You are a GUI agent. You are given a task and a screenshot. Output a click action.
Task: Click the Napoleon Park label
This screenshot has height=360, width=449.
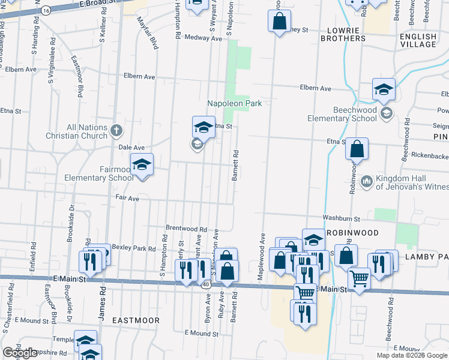[235, 103]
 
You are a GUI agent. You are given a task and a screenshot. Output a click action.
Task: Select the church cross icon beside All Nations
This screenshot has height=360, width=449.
[117, 129]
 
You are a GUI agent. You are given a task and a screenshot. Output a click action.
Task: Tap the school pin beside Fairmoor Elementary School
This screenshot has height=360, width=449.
[142, 165]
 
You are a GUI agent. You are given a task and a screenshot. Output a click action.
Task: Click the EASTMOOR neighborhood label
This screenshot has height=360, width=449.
[136, 320]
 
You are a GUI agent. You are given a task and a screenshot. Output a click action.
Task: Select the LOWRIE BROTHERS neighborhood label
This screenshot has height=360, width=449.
[346, 34]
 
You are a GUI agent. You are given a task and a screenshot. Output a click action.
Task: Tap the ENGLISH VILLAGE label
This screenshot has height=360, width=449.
[418, 40]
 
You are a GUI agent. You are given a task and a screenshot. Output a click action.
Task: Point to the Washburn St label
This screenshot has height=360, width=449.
[340, 219]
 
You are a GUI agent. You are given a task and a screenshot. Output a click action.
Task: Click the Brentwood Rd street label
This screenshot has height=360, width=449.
[186, 229]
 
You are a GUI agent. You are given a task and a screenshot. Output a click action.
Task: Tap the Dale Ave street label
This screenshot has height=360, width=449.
[131, 147]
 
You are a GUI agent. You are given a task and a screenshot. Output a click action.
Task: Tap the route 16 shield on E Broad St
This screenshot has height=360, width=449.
[46, 10]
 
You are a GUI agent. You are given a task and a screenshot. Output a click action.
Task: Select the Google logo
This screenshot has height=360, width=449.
[19, 353]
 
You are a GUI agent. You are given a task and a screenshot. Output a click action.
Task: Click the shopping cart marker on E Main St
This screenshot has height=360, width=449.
[359, 277]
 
